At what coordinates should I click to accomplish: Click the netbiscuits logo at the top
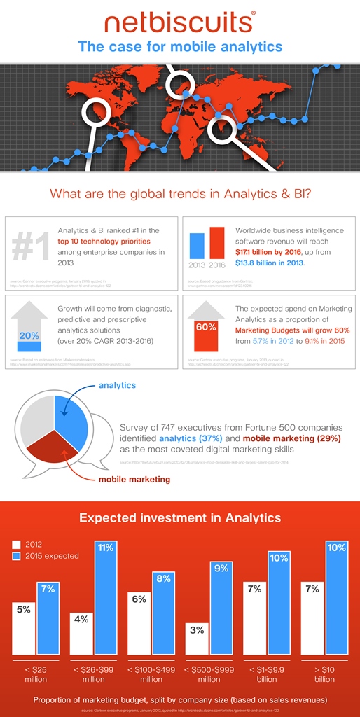pos(179,22)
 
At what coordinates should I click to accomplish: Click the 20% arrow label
pos(29,335)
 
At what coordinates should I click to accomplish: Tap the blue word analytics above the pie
pos(118,384)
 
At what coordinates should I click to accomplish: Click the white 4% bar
pos(81,633)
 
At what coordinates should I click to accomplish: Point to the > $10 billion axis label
pos(324,674)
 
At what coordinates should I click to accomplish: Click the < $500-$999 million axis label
pos(209,674)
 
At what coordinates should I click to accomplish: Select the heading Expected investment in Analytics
pos(180,518)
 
